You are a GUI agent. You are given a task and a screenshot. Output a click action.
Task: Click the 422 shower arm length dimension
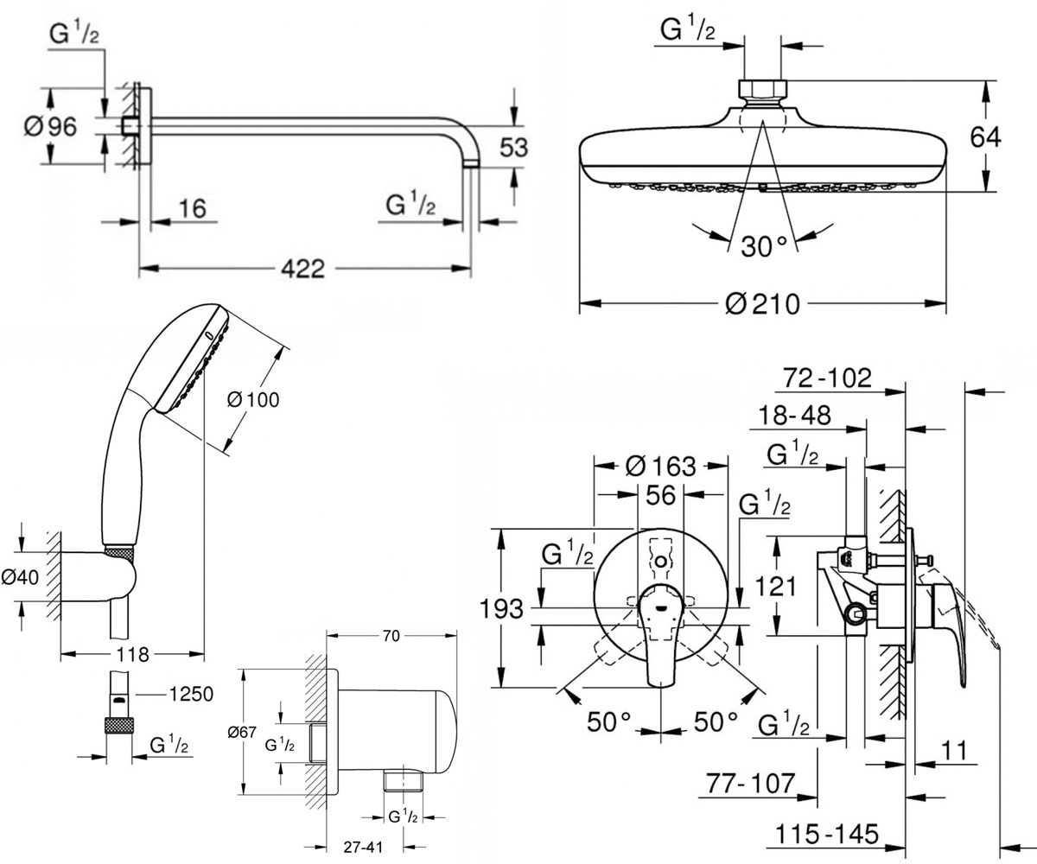[x=302, y=269]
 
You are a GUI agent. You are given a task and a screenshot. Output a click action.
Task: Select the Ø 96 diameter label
[x=51, y=127]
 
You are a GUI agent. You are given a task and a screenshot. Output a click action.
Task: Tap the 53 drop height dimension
[x=513, y=148]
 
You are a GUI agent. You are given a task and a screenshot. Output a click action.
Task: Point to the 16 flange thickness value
[x=192, y=208]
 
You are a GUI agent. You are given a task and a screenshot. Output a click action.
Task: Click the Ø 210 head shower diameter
[x=762, y=303]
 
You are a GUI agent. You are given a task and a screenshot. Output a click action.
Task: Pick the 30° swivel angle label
[x=764, y=246]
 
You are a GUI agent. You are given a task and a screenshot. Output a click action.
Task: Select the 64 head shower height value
[x=985, y=137]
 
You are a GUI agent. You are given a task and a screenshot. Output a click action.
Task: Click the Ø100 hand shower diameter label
[x=253, y=399]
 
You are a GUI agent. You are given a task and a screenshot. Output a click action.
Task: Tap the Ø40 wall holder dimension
[x=20, y=577]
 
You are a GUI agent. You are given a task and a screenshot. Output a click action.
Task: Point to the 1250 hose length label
[x=191, y=694]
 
